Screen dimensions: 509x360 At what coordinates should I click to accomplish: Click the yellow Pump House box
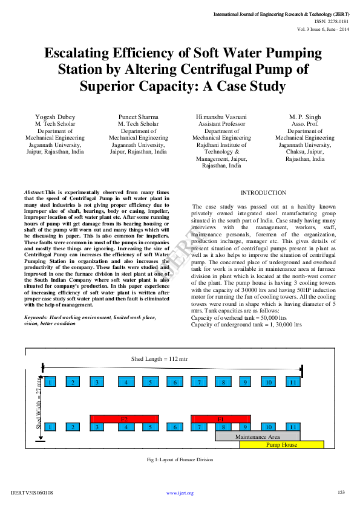point(282,444)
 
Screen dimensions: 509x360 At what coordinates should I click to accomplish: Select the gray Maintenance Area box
point(257,436)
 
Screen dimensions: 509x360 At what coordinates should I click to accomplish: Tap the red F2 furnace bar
point(124,418)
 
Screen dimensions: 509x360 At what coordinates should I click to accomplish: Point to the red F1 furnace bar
point(220,418)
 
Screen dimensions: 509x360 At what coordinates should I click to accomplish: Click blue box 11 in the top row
point(293,382)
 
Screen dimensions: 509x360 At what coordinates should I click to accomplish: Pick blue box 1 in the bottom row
point(51,427)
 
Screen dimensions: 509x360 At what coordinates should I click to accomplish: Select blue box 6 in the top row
point(174,382)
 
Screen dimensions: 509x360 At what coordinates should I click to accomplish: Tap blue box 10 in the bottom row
point(269,427)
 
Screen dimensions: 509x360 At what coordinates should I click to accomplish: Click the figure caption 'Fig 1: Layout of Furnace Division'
point(180,459)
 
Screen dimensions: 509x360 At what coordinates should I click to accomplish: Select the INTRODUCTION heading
point(263,192)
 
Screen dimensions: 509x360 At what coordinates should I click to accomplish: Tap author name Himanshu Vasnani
point(221,116)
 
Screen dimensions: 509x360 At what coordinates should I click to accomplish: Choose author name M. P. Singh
point(305,116)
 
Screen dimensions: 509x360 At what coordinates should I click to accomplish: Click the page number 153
point(341,492)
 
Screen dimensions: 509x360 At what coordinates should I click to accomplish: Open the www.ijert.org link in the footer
point(180,493)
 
